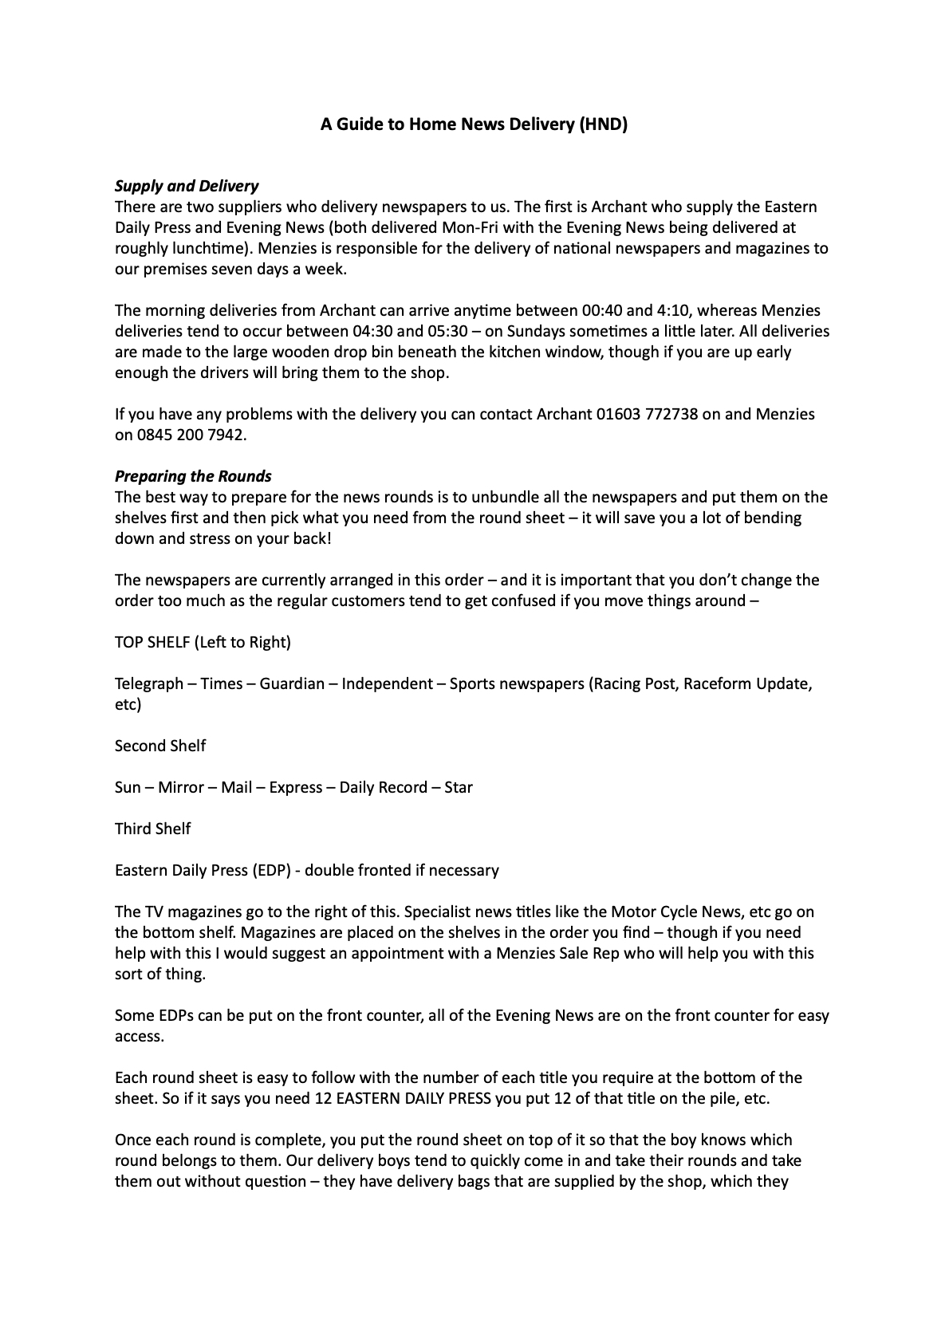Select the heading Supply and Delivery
pos(187,186)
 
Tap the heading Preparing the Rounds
pos(193,476)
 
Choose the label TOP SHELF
pos(152,642)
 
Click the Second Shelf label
pos(160,746)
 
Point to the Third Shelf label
pos(153,829)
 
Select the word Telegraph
pos(149,683)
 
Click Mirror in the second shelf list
pos(181,787)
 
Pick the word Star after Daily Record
pos(459,787)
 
